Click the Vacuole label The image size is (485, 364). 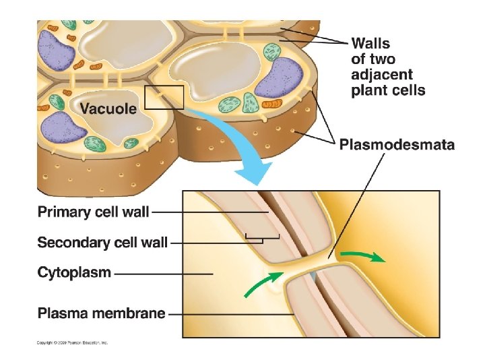108,108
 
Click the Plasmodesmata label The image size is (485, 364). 397,144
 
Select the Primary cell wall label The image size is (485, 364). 93,212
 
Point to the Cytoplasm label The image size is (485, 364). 74,273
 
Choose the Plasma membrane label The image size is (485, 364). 101,313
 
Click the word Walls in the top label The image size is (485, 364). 370,44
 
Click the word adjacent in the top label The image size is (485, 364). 383,75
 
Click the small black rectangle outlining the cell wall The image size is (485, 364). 164,97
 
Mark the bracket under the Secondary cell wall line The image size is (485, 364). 262,237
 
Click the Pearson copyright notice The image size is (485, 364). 72,342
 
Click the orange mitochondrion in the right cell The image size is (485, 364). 273,103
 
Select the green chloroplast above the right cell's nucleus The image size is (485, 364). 272,52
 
